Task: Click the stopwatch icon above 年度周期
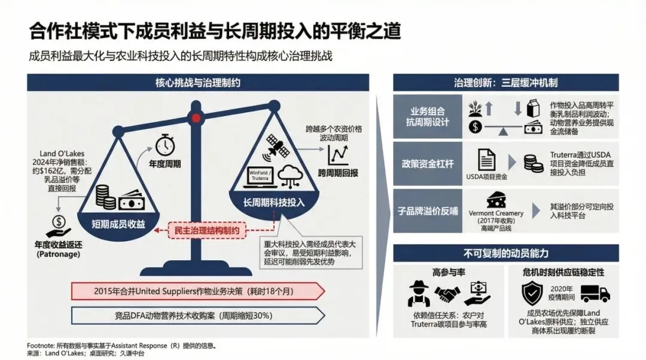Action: (164, 144)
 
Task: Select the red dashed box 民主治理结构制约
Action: (207, 231)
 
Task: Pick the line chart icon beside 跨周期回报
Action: (339, 155)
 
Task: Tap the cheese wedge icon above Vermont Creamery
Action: (496, 200)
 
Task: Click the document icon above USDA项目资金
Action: (486, 161)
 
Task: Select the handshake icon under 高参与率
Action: (448, 294)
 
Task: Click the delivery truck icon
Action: (595, 293)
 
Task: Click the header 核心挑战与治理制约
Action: (197, 82)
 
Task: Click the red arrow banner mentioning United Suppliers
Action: (198, 291)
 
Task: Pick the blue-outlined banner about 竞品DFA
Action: (198, 314)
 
